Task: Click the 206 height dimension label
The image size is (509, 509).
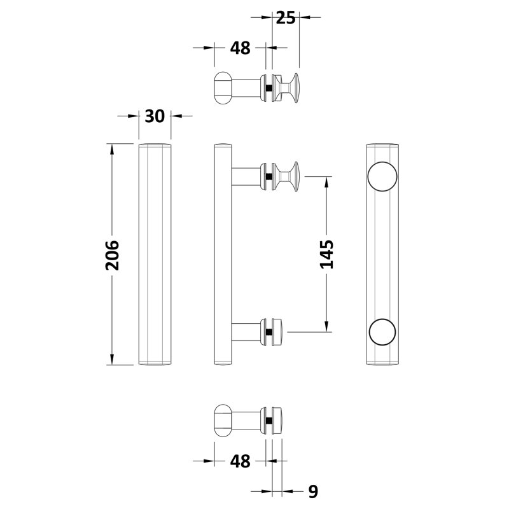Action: click(113, 255)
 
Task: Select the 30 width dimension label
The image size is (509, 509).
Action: click(155, 116)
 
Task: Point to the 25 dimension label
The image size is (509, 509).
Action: click(286, 18)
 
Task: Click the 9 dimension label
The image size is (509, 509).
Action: click(313, 491)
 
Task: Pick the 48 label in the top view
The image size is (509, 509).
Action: click(241, 48)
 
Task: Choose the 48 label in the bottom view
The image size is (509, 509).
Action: click(241, 461)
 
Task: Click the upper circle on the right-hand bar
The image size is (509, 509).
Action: click(382, 176)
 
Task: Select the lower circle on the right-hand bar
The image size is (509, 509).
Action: click(382, 331)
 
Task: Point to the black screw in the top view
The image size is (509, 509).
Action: click(268, 88)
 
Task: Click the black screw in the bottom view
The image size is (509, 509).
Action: click(268, 421)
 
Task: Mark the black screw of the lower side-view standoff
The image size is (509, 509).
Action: click(268, 332)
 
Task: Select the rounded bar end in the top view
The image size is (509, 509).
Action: click(223, 88)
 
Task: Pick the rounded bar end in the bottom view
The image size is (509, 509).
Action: click(223, 421)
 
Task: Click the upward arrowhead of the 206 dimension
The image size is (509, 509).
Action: click(112, 150)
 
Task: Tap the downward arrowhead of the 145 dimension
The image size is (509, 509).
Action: click(326, 326)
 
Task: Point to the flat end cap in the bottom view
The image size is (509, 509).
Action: click(277, 421)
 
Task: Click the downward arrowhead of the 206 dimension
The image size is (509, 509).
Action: click(112, 359)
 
